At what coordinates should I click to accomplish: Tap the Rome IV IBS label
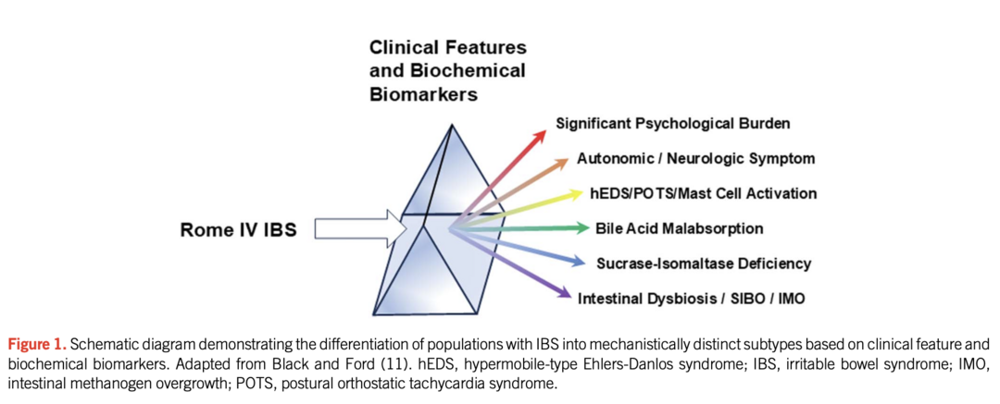point(238,228)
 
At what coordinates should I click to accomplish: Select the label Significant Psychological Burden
point(673,123)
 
